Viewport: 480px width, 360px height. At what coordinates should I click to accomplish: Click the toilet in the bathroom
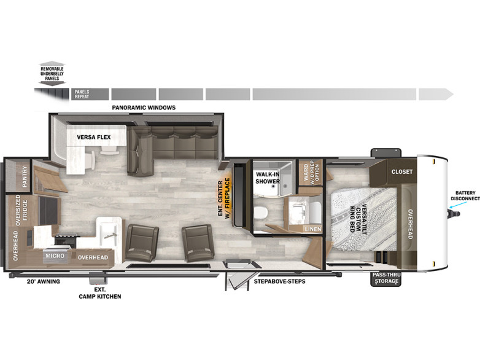coord(261,212)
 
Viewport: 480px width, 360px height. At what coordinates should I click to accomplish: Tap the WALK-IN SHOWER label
coord(268,178)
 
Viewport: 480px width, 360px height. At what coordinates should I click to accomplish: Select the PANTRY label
coord(25,177)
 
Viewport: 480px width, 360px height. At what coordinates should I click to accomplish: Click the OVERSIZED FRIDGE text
coord(21,210)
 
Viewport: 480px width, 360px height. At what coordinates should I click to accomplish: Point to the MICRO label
coord(55,256)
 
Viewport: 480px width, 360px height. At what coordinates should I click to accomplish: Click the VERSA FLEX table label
coord(94,137)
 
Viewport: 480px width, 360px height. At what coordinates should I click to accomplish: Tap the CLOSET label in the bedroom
coord(401,171)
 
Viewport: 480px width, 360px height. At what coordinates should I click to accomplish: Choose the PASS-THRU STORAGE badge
coord(386,278)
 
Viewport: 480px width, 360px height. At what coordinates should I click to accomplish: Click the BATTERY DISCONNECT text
coord(465,195)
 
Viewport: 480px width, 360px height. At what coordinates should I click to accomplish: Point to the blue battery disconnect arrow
coord(456,205)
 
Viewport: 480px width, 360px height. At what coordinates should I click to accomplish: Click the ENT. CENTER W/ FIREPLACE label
coord(224,198)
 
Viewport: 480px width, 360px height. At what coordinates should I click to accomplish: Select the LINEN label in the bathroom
coord(313,229)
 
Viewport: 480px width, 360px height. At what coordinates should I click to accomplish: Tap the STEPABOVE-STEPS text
coord(279,281)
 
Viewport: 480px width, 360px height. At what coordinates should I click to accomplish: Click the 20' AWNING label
coord(44,281)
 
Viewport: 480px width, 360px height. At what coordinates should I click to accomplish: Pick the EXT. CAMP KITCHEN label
coord(100,293)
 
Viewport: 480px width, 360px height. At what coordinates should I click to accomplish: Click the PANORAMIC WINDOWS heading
coord(144,108)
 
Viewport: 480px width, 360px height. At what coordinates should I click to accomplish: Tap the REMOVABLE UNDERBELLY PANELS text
coord(52,74)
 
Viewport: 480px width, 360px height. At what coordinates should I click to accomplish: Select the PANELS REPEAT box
coord(90,94)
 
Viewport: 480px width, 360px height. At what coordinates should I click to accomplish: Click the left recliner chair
coord(141,243)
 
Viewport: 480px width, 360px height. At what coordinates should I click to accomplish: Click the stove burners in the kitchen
coord(66,239)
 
